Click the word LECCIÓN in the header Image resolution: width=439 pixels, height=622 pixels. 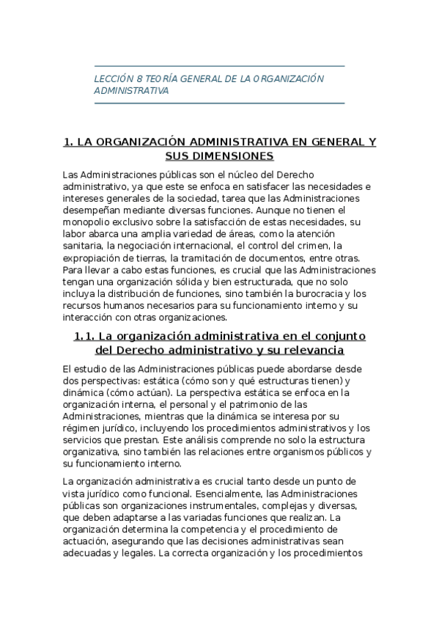(x=114, y=78)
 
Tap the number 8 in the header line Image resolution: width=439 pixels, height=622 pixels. (x=139, y=78)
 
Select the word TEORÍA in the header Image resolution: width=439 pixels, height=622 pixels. (x=161, y=78)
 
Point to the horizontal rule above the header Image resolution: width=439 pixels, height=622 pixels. (x=219, y=67)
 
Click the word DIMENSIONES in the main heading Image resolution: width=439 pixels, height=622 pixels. (x=219, y=156)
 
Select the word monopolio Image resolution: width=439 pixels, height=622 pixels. (x=87, y=222)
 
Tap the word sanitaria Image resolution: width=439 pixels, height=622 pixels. (x=82, y=245)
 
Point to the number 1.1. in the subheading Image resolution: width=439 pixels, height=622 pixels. (x=87, y=336)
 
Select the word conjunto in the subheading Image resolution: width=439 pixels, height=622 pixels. (x=340, y=336)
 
